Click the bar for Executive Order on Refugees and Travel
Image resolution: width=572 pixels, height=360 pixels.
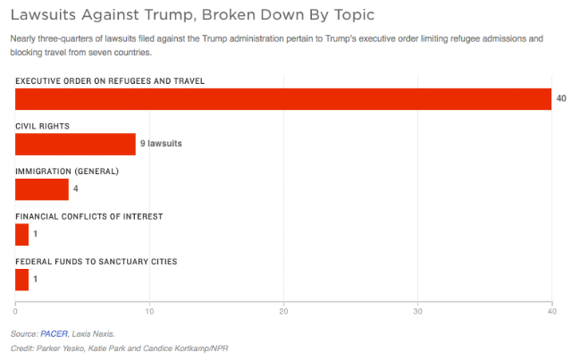point(283,99)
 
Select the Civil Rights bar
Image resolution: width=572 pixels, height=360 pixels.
point(75,144)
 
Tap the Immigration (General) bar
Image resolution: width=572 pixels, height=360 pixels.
point(42,189)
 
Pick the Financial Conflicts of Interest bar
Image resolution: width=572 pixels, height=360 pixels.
point(21,235)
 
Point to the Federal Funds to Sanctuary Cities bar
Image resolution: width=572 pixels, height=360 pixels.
point(21,280)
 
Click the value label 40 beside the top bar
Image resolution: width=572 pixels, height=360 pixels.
point(561,98)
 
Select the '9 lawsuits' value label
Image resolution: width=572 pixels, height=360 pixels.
point(161,143)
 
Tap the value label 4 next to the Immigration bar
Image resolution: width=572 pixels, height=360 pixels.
point(75,188)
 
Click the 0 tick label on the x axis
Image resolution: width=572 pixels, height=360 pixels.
point(15,312)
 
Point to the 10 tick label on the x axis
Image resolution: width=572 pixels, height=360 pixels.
point(149,312)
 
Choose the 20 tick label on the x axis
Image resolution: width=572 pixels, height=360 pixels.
point(283,312)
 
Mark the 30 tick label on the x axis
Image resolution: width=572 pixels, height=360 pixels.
point(417,312)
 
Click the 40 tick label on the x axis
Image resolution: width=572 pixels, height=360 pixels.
point(552,312)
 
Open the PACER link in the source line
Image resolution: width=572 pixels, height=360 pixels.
point(54,334)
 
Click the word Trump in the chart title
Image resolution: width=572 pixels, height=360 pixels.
point(171,15)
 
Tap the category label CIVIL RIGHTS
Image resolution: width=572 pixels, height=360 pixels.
point(42,126)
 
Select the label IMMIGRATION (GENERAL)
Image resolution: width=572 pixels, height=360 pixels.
point(67,172)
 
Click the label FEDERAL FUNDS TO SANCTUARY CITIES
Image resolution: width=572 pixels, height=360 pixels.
point(97,262)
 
